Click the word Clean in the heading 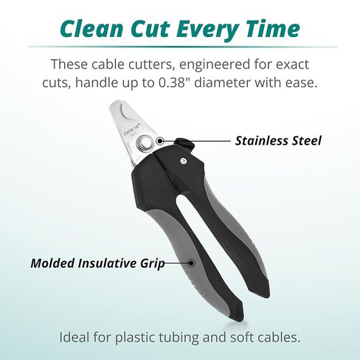click(91, 29)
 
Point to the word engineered click(212, 65)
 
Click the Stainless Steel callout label click(278, 141)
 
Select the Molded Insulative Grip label click(97, 263)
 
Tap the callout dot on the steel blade click(160, 141)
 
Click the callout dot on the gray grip click(191, 263)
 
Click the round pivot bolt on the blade click(145, 142)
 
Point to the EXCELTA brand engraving click(132, 129)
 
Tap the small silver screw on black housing click(183, 161)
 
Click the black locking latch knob click(185, 145)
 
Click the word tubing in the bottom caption click(179, 338)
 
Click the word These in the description click(69, 64)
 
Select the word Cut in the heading click(150, 29)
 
